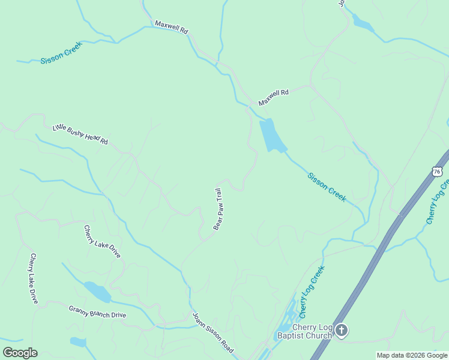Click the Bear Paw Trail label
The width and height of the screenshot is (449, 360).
pyautogui.click(x=220, y=209)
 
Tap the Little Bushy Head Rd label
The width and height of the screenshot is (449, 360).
pyautogui.click(x=80, y=133)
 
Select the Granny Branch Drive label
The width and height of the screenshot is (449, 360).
pyautogui.click(x=97, y=312)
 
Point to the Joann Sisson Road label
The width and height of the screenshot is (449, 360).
pyautogui.click(x=212, y=332)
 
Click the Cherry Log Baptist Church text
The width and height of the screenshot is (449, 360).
pyautogui.click(x=304, y=331)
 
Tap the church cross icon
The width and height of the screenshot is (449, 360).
pyautogui.click(x=342, y=330)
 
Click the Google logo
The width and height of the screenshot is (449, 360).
pyautogui.click(x=20, y=353)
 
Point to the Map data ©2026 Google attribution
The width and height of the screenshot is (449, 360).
pyautogui.click(x=412, y=355)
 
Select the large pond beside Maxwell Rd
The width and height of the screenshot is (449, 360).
pyautogui.click(x=272, y=135)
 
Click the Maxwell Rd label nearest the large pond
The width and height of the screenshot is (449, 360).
pyautogui.click(x=274, y=97)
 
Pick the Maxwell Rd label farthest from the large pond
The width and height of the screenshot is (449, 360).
pyautogui.click(x=172, y=28)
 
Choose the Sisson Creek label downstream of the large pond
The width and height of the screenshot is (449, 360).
pyautogui.click(x=327, y=187)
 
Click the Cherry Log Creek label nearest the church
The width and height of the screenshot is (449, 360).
pyautogui.click(x=312, y=292)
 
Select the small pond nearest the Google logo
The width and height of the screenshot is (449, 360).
pyautogui.click(x=78, y=342)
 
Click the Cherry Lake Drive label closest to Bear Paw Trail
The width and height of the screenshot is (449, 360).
pyautogui.click(x=102, y=241)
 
